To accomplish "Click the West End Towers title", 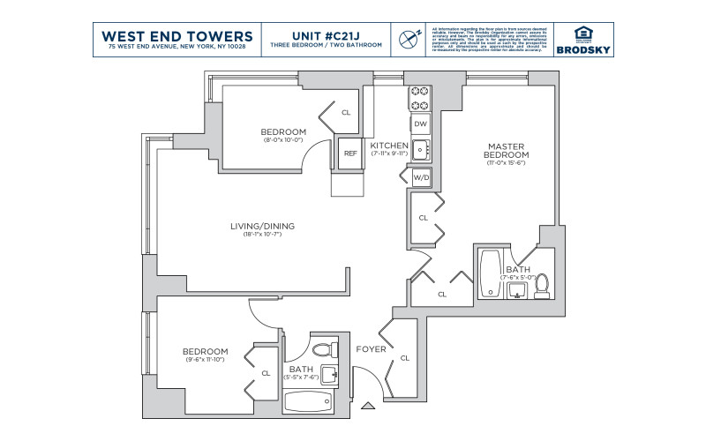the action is point(177,35).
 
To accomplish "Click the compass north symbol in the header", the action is point(408,38).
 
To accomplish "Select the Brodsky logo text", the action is point(581,49).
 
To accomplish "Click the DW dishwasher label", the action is point(420,124).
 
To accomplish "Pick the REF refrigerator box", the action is point(350,153).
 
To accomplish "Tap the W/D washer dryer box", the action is point(421,178).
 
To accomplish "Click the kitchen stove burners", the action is point(418,99).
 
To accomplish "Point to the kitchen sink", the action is point(420,149).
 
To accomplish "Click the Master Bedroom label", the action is point(507,150).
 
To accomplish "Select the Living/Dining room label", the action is point(262,227).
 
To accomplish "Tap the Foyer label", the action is point(370,349).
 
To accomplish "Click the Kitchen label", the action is point(388,145).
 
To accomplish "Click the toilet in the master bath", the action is point(542,284).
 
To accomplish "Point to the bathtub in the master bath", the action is point(490,274).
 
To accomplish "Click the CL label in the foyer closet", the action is point(405,358).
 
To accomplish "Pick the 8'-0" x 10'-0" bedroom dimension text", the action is point(282,139).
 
